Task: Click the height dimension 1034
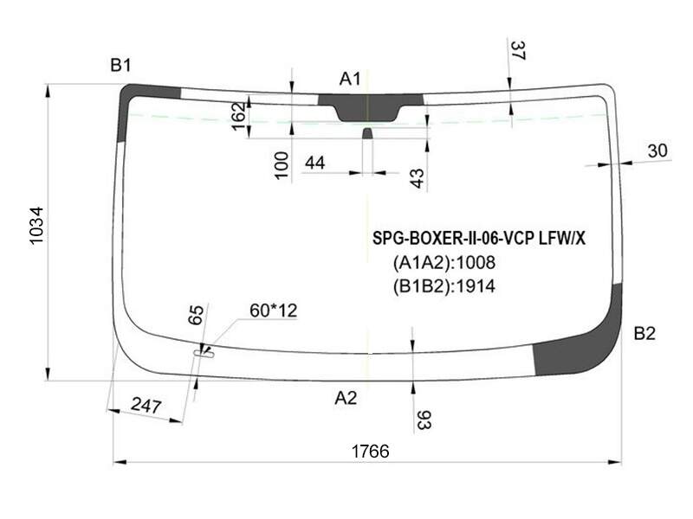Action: coord(36,225)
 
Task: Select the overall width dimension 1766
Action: coord(371,452)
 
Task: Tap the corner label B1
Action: coord(120,66)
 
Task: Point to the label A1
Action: coord(350,79)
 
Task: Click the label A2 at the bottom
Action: coord(346,398)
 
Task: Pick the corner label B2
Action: coord(644,333)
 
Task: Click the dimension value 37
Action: coord(517,50)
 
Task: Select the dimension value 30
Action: coord(657,151)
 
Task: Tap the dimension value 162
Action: coord(239,116)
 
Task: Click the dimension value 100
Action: coord(282,165)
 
